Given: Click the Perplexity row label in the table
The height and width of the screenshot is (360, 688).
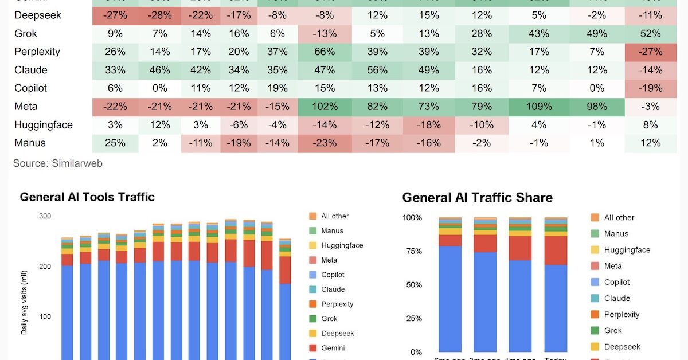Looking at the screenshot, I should click(37, 52).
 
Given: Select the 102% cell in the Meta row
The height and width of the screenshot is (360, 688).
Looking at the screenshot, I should click(325, 107).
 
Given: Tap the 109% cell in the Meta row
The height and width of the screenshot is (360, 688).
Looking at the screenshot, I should click(539, 107).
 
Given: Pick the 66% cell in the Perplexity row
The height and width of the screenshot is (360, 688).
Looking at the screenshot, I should click(325, 52).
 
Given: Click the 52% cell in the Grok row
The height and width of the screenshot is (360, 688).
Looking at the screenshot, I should click(651, 34).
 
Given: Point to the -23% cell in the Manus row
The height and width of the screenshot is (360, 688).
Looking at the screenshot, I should click(325, 143).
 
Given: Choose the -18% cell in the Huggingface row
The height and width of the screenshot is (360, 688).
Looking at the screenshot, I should click(429, 125).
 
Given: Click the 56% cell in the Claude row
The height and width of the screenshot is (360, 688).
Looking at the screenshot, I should click(377, 70).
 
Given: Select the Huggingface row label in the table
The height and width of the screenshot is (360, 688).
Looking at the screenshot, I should click(44, 125).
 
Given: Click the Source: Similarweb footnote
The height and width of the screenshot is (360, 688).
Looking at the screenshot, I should click(57, 163).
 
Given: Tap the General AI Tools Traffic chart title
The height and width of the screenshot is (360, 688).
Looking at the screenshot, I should click(87, 197).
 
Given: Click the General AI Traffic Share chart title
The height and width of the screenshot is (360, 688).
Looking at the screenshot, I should click(477, 198).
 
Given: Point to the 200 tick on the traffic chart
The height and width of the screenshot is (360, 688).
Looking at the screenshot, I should click(45, 267).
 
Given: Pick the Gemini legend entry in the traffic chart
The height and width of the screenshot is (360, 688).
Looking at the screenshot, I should click(333, 348).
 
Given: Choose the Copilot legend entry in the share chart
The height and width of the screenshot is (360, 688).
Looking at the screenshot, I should click(616, 282).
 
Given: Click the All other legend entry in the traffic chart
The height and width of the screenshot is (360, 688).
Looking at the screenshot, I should click(334, 216).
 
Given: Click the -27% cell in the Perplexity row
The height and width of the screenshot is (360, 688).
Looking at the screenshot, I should click(651, 52).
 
